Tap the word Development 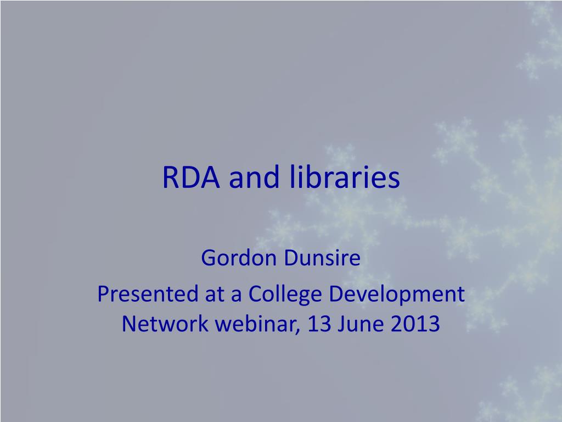(x=396, y=295)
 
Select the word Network (x=165, y=324)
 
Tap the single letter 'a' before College (x=237, y=296)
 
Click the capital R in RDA (x=170, y=178)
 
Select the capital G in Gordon (x=208, y=258)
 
